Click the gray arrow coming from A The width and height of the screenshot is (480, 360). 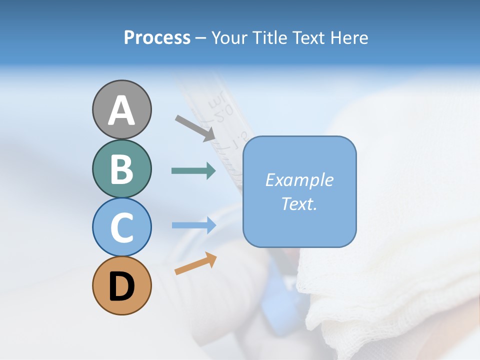pos(195,128)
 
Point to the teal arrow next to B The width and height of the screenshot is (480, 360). pos(193,171)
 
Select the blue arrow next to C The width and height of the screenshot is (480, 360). pos(193,225)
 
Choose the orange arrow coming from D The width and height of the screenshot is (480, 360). pos(195,263)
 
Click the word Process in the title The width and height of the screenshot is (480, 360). pos(157,37)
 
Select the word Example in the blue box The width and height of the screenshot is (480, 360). pos(299,180)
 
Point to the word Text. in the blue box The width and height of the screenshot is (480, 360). pos(299,203)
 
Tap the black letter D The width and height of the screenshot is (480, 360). pos(121,286)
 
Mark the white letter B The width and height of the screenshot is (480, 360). pos(121,169)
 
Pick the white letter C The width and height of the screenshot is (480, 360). pos(121,228)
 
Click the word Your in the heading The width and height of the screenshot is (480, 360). pos(230,37)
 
